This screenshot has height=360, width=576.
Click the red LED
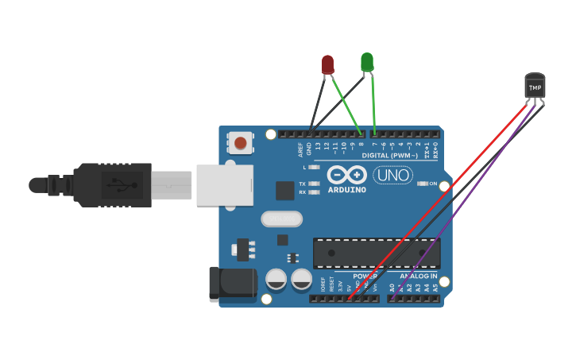(x=327, y=64)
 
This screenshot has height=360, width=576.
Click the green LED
(x=366, y=61)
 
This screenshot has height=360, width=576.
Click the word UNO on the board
(x=392, y=174)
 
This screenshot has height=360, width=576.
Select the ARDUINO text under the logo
(x=346, y=190)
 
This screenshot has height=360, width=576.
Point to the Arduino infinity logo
(x=346, y=175)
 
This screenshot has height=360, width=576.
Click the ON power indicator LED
(x=422, y=184)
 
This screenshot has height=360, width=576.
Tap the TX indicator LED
(x=315, y=184)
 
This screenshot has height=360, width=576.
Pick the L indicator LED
(x=315, y=167)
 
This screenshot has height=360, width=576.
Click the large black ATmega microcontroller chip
(x=376, y=253)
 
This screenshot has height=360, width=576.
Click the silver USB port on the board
(x=225, y=185)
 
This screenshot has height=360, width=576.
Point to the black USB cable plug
(x=111, y=185)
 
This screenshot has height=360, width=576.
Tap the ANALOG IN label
(x=418, y=276)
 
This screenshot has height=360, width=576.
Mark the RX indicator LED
(x=315, y=192)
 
